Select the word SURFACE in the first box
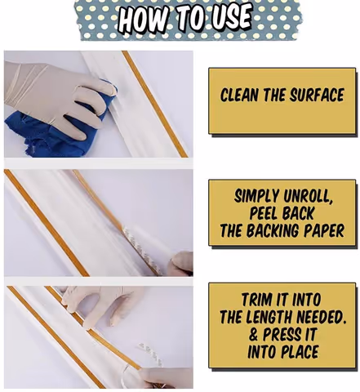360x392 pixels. [317, 95]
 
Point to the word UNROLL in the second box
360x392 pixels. [308, 196]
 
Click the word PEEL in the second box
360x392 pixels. [263, 213]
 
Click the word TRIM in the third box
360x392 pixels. [256, 300]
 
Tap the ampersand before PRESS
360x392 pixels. [253, 334]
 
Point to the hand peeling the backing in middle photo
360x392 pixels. [180, 264]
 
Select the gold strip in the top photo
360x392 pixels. [154, 104]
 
